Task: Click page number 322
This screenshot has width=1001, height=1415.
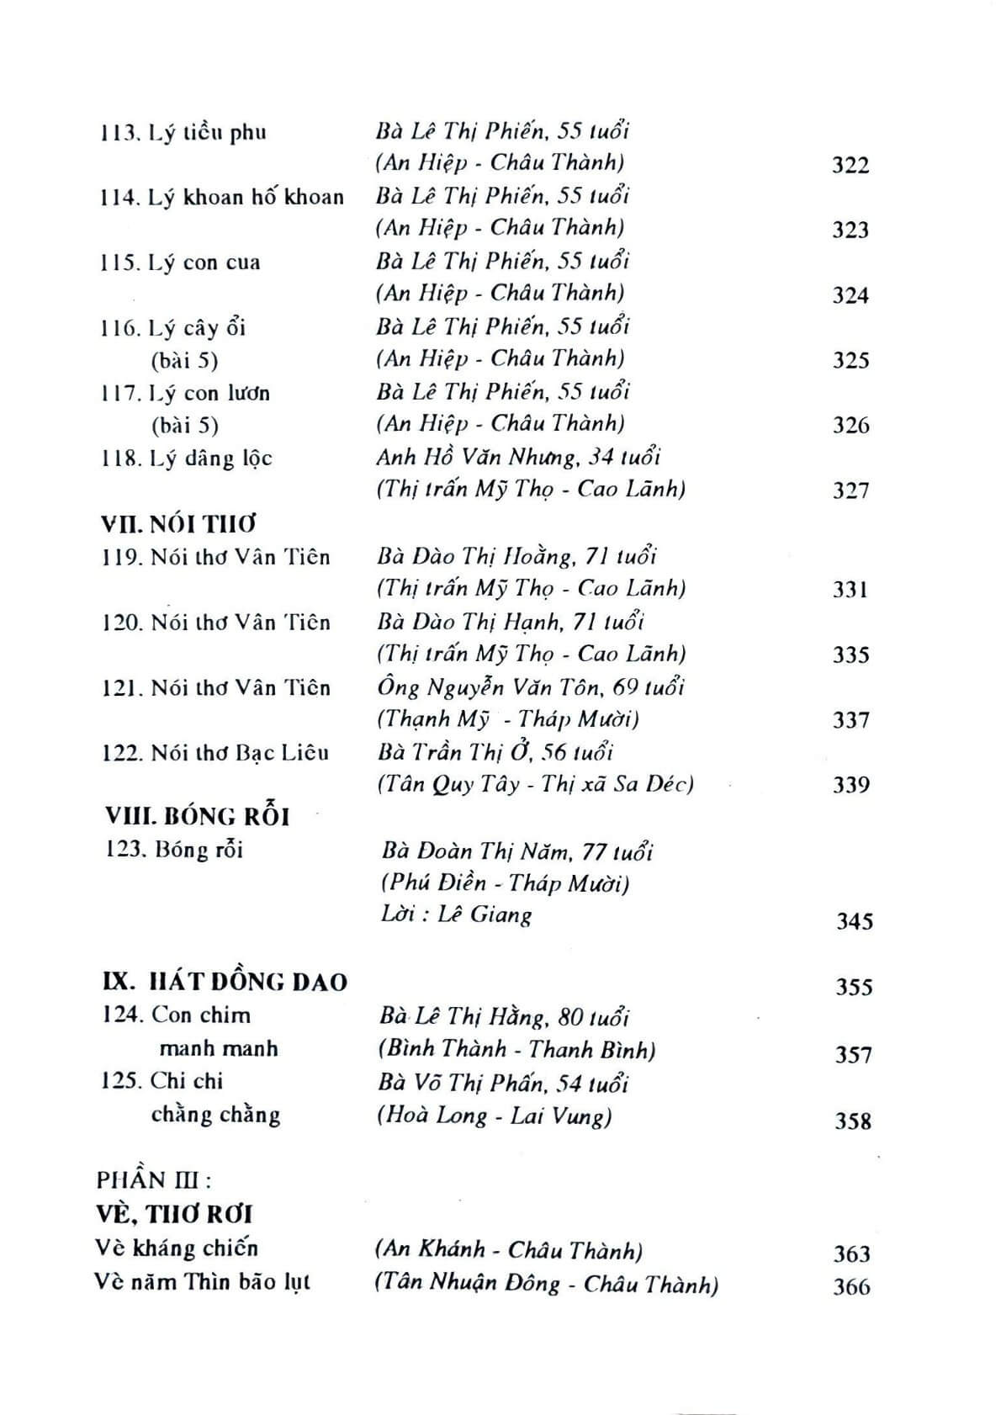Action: pyautogui.click(x=850, y=165)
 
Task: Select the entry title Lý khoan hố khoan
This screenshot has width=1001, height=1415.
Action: pyautogui.click(x=246, y=198)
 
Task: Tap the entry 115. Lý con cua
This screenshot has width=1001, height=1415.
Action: pyautogui.click(x=180, y=262)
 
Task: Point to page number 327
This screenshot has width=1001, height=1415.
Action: pyautogui.click(x=850, y=490)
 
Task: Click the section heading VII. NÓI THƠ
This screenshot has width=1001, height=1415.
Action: pyautogui.click(x=177, y=524)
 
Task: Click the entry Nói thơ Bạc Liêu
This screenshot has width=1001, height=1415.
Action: pyautogui.click(x=239, y=753)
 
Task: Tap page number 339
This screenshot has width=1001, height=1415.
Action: pyautogui.click(x=850, y=785)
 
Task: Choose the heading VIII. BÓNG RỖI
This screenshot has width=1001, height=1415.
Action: pyautogui.click(x=197, y=816)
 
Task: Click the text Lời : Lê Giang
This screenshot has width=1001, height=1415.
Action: pyautogui.click(x=456, y=914)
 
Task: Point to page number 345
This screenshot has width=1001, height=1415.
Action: pyautogui.click(x=854, y=921)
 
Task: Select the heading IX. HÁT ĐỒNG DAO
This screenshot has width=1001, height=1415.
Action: pyautogui.click(x=225, y=982)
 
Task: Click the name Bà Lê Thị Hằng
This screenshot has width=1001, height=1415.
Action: pyautogui.click(x=465, y=1017)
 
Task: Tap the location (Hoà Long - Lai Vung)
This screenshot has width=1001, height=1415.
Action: pyautogui.click(x=495, y=1116)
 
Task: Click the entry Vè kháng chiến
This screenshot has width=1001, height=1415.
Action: pyautogui.click(x=177, y=1248)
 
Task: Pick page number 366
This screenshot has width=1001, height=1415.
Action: pyautogui.click(x=851, y=1286)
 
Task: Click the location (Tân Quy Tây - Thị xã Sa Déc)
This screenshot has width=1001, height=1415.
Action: pyautogui.click(x=535, y=784)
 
